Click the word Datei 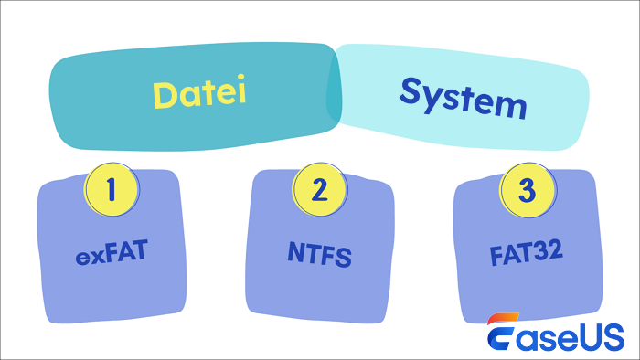click(x=200, y=94)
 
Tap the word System click(x=464, y=99)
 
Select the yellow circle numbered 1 click(x=112, y=189)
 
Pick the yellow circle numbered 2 click(x=319, y=190)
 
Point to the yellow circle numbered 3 click(x=526, y=191)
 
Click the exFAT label click(x=112, y=251)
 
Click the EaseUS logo click(x=555, y=334)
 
